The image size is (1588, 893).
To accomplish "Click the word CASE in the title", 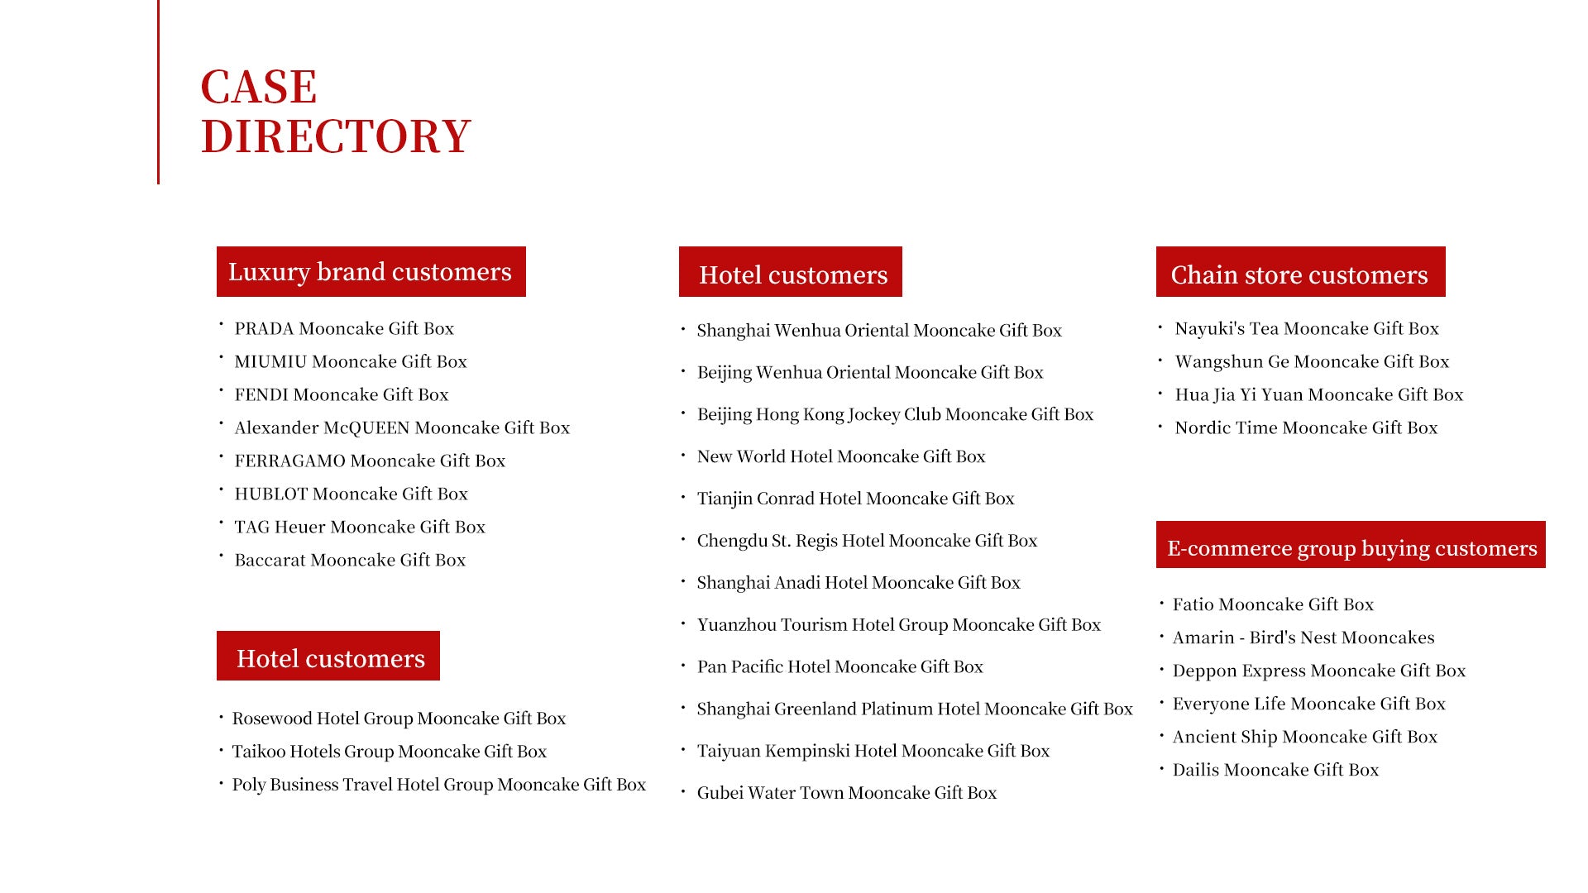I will point(258,87).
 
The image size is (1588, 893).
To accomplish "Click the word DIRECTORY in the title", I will point(335,136).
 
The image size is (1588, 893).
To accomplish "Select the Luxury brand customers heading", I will point(371,271).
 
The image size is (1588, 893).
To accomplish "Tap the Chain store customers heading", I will point(1299,273).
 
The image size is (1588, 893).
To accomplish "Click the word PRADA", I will point(264,329).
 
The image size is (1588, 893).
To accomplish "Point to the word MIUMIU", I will point(270,362).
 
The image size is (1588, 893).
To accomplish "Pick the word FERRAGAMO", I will point(289,461).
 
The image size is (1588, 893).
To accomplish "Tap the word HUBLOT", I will point(270,494).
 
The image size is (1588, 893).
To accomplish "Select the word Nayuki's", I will point(1209,329).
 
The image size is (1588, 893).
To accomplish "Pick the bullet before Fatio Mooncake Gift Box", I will point(1161,604).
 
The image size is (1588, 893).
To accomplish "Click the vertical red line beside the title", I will point(158,91).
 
